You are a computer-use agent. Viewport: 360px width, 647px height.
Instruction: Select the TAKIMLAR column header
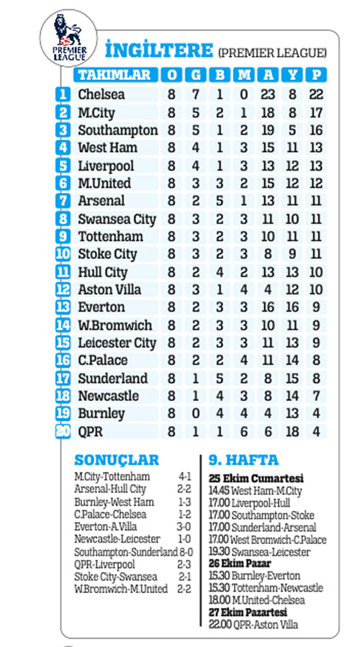(114, 75)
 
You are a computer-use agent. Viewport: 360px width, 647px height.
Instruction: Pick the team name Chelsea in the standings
(101, 94)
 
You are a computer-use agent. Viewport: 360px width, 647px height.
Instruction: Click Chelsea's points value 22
(315, 94)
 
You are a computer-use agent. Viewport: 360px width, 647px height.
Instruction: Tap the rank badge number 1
(63, 94)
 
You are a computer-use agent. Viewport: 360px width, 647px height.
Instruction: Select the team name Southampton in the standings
(117, 130)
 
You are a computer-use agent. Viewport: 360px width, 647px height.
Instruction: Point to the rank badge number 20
(63, 431)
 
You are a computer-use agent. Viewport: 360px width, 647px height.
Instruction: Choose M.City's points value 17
(315, 112)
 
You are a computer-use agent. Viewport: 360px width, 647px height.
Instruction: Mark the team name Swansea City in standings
(117, 219)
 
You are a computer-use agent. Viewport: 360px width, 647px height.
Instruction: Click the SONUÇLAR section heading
(116, 461)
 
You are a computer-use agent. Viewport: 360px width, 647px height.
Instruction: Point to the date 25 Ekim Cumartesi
(256, 478)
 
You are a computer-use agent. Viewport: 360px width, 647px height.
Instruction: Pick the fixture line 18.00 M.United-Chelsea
(257, 601)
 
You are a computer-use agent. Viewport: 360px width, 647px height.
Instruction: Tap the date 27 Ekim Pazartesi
(252, 613)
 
